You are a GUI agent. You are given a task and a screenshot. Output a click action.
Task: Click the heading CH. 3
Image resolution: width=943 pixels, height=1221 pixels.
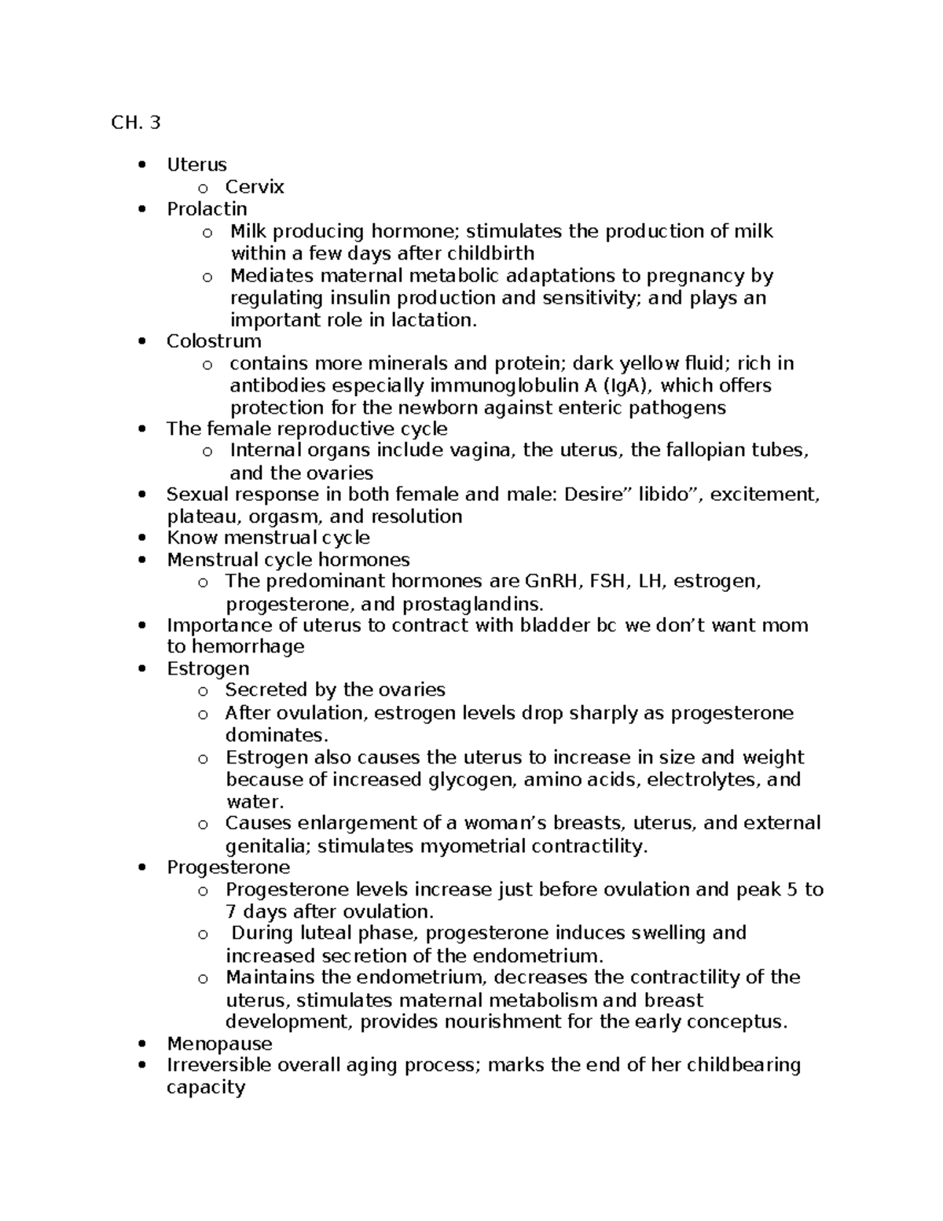[x=136, y=123]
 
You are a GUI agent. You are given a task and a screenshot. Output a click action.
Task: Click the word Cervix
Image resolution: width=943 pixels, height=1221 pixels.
[x=254, y=187]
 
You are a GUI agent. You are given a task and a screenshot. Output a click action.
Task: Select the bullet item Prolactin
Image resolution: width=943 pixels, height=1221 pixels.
[x=207, y=209]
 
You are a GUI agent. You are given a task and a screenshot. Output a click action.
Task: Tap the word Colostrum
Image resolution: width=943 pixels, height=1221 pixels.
[x=214, y=341]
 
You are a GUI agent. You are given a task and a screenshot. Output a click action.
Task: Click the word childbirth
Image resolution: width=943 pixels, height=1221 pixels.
[x=490, y=254]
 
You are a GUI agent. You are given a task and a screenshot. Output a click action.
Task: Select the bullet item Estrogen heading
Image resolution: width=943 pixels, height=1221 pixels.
[x=207, y=669]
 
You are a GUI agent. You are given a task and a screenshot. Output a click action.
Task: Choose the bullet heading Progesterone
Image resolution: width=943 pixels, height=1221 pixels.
[x=228, y=868]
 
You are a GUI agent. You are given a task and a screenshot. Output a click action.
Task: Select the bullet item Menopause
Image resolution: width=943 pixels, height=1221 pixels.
[x=219, y=1044]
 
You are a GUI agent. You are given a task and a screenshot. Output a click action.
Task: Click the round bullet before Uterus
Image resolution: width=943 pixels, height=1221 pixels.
[x=141, y=165]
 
